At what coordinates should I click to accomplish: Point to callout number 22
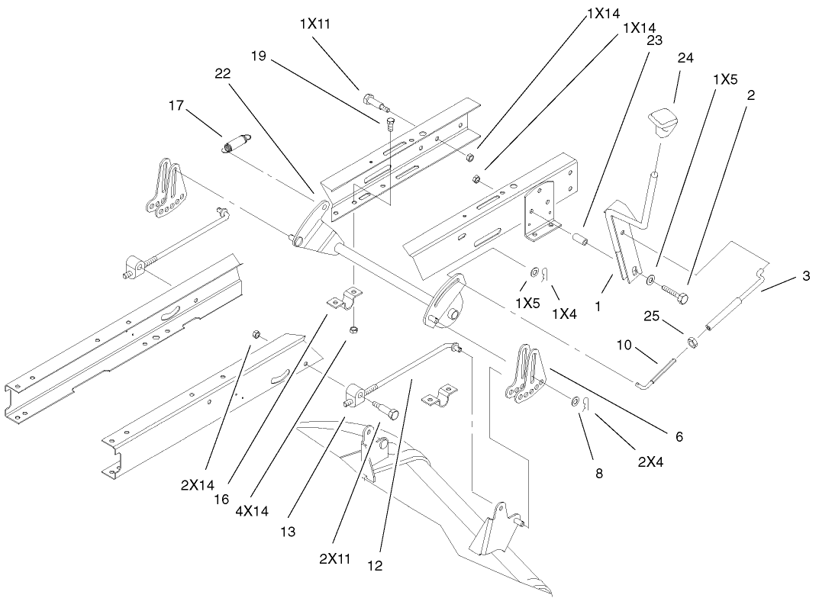coord(222,73)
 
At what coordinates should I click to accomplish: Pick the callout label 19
coord(259,56)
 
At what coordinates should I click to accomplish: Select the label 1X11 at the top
coord(314,23)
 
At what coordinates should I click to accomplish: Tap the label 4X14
coord(253,511)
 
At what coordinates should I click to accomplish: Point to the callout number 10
coord(625,346)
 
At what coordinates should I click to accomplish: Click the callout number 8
coord(598,473)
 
